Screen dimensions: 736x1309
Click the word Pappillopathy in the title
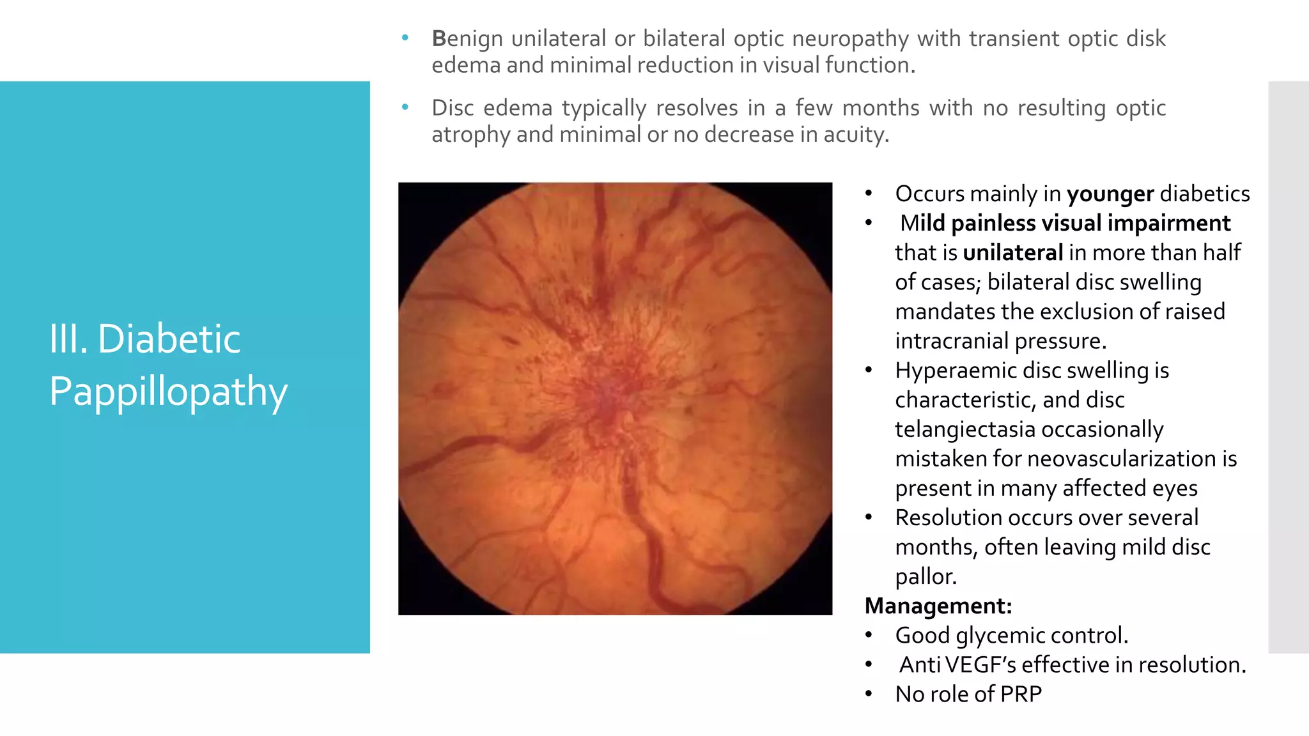[x=168, y=391]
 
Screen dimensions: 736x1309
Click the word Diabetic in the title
[x=169, y=339]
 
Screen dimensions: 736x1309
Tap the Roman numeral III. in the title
[x=68, y=339]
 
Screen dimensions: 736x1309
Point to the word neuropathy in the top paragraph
[x=850, y=38]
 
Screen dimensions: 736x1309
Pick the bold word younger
[x=1110, y=194]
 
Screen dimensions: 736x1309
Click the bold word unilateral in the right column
[x=1012, y=252]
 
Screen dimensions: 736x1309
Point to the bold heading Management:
[x=938, y=606]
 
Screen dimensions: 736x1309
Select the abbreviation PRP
[x=1021, y=694]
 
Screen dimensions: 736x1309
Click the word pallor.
[x=926, y=576]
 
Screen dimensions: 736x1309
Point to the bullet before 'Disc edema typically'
[x=405, y=108]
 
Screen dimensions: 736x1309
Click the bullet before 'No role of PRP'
[x=868, y=694]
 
